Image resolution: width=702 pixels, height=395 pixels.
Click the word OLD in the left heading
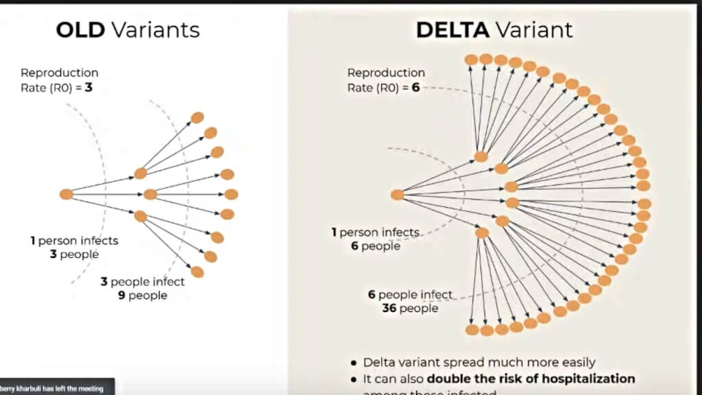[82, 29]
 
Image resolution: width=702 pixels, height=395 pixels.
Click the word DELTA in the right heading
[451, 29]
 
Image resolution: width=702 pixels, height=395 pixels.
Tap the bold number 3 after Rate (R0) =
[89, 87]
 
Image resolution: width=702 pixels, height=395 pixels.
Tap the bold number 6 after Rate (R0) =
[415, 88]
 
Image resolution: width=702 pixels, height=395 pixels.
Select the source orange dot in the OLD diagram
[66, 194]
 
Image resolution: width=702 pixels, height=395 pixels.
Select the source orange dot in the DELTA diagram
[398, 195]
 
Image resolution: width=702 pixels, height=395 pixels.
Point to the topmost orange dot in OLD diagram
[197, 117]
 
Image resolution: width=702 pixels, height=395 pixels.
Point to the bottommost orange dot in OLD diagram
[197, 272]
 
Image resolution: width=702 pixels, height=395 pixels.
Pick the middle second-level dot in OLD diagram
[150, 194]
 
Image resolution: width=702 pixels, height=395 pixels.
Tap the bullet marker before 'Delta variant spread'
[353, 363]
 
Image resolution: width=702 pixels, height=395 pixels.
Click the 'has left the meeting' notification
[55, 389]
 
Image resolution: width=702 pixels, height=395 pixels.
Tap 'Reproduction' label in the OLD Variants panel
[60, 73]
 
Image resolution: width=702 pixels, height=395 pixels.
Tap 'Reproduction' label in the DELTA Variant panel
[386, 73]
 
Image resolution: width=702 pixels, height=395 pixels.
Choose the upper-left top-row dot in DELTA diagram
[472, 60]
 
